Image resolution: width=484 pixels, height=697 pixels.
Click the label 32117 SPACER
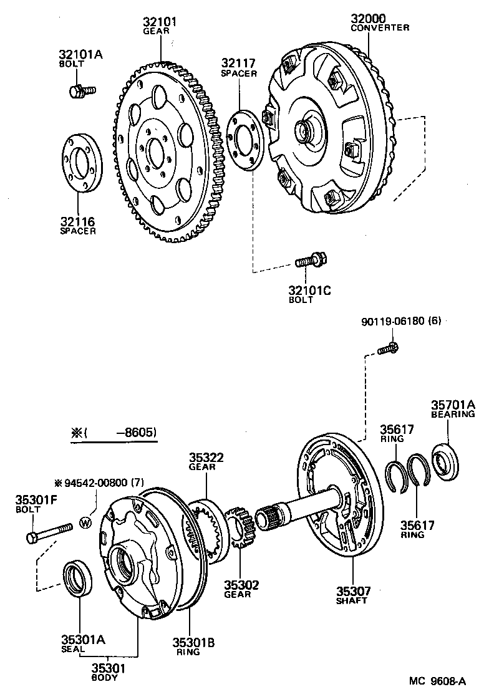pyautogui.click(x=238, y=68)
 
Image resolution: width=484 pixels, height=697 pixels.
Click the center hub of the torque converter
pyautogui.click(x=307, y=132)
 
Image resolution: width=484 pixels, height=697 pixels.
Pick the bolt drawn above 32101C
pyautogui.click(x=311, y=261)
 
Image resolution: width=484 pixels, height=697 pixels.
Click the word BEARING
pyautogui.click(x=453, y=413)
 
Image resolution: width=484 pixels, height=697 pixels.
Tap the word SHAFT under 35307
pyautogui.click(x=352, y=600)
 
